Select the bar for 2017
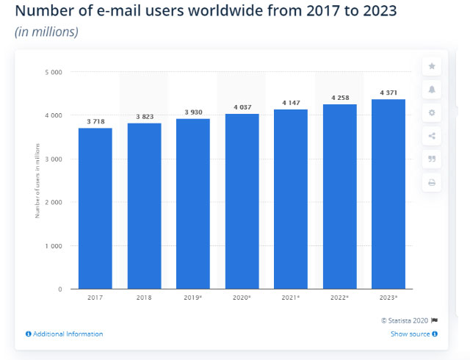pos(95,209)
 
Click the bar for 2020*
pos(242,201)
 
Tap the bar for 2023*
pos(388,195)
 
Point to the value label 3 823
pos(144,117)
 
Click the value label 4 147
pos(291,103)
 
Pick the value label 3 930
pos(193,112)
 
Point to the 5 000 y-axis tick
pos(52,72)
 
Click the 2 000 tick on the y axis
pos(52,202)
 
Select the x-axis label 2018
pos(144,298)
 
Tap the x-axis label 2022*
pos(340,298)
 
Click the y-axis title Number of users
pos(37,181)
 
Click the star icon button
pos(432,67)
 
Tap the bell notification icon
pos(432,90)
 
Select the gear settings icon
pos(432,113)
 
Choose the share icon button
pos(432,136)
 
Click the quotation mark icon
pos(432,159)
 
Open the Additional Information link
pos(64,334)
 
